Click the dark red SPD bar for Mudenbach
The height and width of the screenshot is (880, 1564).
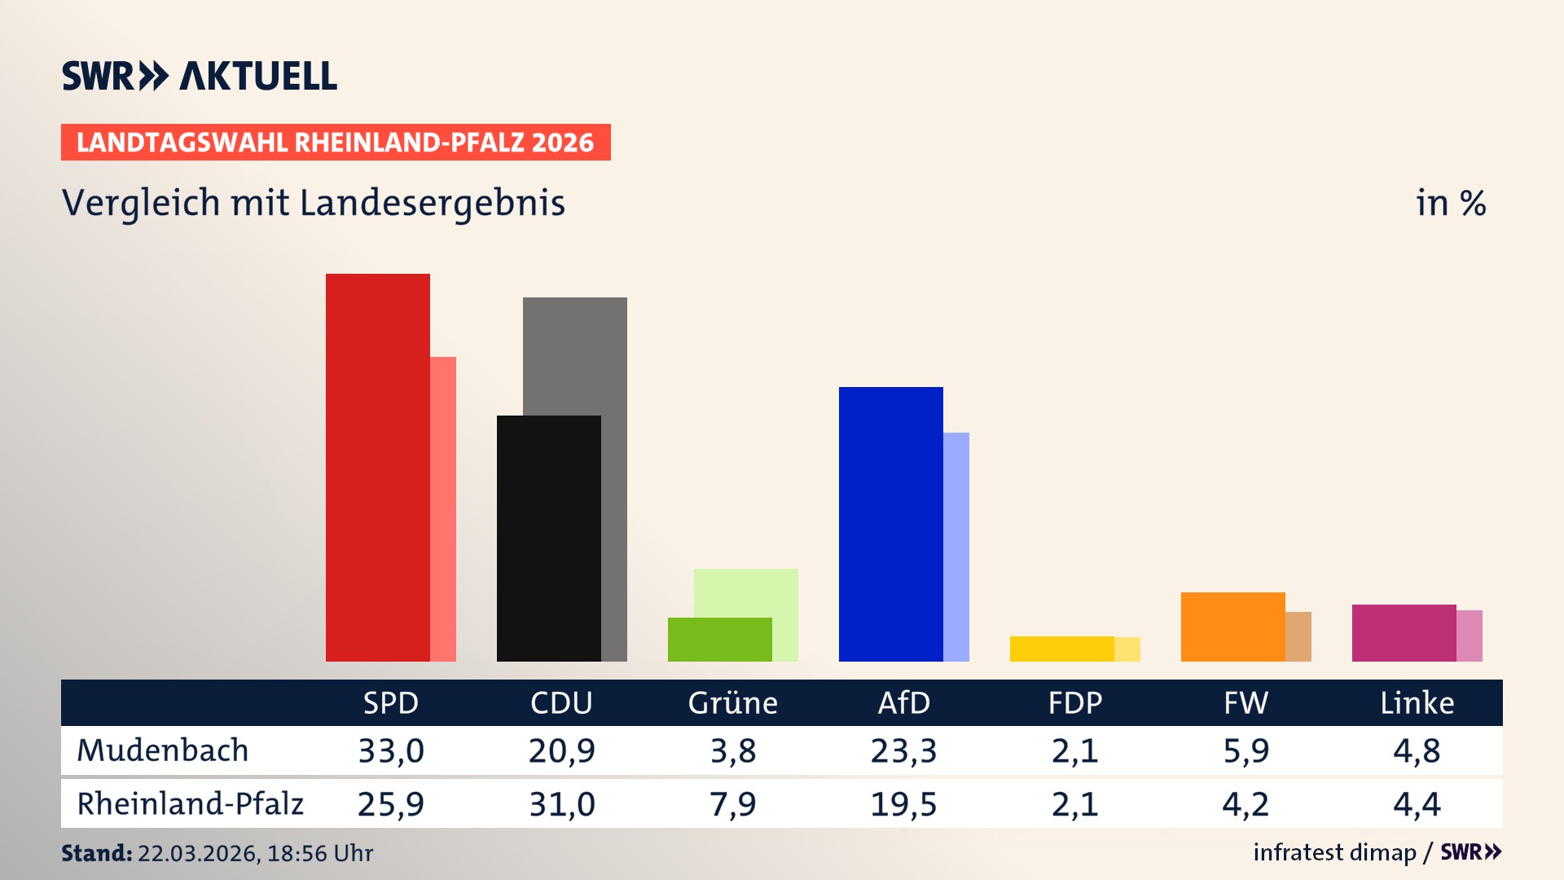377,468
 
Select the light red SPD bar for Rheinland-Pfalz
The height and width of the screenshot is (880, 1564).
443,509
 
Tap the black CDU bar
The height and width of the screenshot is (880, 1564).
548,539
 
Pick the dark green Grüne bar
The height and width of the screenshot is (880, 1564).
719,640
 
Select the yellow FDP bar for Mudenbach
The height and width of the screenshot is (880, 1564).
1061,649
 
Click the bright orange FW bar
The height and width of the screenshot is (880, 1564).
1232,627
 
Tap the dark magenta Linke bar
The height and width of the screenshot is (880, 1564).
1404,633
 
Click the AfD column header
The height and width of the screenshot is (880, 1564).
903,703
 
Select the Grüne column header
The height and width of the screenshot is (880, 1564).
732,703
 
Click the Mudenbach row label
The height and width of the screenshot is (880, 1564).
162,750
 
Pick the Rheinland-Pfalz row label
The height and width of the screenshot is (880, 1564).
190,804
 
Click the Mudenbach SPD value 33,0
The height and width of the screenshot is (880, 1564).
391,750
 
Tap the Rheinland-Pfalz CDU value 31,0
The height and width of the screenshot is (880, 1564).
562,804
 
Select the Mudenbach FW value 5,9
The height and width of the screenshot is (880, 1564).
1245,750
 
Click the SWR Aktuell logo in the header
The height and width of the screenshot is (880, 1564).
199,76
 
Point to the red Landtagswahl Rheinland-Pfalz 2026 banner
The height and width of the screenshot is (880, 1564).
336,143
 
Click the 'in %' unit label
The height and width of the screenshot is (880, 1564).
1450,203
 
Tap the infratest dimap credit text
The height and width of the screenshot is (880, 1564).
1334,852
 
